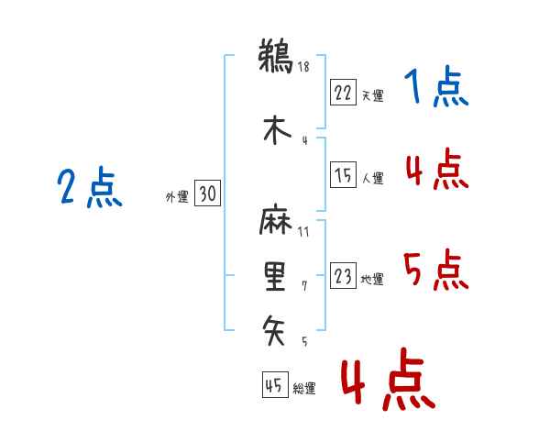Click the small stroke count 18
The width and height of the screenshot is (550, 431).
coord(302,67)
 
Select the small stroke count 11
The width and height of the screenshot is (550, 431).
coord(303,232)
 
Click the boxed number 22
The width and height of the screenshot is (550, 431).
coord(343,93)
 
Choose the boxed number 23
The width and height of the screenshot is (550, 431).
coord(343,276)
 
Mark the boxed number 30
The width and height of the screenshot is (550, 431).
coord(207,193)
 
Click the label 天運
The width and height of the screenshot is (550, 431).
coord(373,95)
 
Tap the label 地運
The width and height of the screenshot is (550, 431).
coord(372,279)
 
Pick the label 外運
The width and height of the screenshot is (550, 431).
coord(176,196)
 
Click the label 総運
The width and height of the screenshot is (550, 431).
coord(304,388)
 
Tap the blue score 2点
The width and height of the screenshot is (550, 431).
coord(89,189)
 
